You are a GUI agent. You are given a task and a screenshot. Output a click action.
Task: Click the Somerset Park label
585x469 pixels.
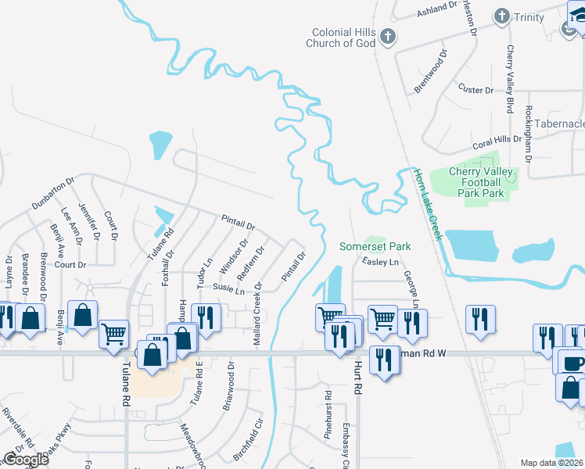click(375, 246)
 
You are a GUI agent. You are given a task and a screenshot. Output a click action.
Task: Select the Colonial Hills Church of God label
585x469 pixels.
click(343, 38)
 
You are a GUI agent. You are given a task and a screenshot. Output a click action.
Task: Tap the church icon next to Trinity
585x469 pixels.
click(501, 16)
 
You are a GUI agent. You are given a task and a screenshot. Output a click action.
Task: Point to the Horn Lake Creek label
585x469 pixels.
click(428, 204)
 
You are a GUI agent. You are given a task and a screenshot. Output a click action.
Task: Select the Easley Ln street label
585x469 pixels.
click(380, 263)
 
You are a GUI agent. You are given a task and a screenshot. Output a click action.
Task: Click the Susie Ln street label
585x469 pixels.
click(228, 290)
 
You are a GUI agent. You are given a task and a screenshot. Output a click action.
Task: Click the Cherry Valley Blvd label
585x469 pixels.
click(509, 78)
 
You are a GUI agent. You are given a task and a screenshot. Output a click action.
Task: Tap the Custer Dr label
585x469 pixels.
click(476, 90)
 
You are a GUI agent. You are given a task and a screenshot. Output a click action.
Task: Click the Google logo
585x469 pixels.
click(26, 460)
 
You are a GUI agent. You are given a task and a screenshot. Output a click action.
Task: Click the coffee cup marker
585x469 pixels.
click(575, 363)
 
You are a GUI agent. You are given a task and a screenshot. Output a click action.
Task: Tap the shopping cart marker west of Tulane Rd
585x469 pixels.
click(114, 334)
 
